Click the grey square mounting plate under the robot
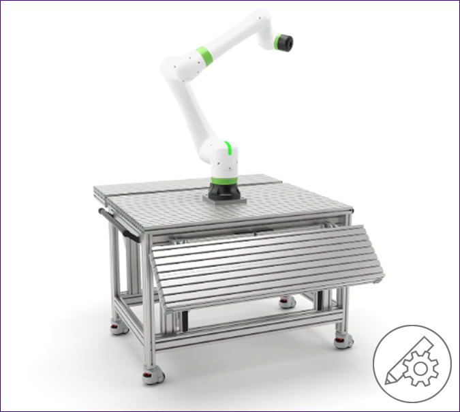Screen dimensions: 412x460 point(224,199)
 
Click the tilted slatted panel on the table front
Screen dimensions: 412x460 point(266,265)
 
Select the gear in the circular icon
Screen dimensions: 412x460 point(423,368)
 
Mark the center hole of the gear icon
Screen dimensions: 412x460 point(423,368)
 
